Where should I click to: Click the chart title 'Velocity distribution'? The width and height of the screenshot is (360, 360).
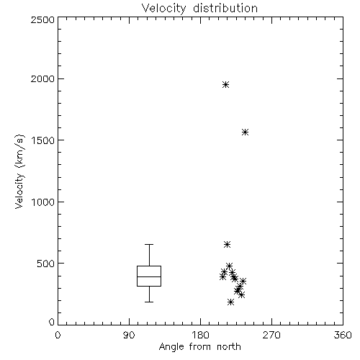(x=199, y=9)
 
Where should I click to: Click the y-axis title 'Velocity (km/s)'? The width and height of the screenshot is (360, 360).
(x=19, y=171)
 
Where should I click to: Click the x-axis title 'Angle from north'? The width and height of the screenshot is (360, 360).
(x=200, y=347)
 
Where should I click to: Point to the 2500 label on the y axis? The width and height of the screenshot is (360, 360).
(x=42, y=19)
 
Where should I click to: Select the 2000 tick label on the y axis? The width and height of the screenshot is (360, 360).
(x=42, y=78)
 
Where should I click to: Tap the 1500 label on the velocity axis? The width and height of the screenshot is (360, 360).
(x=43, y=140)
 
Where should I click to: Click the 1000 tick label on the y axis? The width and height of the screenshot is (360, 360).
(x=43, y=202)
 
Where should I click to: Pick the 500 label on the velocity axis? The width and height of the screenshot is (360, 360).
(x=46, y=264)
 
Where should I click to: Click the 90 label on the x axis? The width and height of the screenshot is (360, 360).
(x=129, y=335)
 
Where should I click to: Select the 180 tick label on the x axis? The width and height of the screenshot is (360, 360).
(x=200, y=335)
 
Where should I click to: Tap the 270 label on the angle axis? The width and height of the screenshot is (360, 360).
(x=271, y=335)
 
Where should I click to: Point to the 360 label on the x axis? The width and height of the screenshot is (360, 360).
(x=343, y=335)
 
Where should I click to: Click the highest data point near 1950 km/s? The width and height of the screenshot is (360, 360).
(x=225, y=84)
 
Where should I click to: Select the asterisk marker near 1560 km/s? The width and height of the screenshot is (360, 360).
(x=245, y=132)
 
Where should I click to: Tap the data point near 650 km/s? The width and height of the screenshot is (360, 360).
(x=227, y=245)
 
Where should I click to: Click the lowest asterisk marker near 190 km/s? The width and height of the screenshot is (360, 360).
(x=230, y=302)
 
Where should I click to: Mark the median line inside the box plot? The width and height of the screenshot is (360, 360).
(x=149, y=276)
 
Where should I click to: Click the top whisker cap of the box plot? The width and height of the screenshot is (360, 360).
(x=149, y=244)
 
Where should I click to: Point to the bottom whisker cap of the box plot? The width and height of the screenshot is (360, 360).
(x=149, y=302)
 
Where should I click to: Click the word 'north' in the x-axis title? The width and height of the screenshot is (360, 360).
(x=229, y=347)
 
